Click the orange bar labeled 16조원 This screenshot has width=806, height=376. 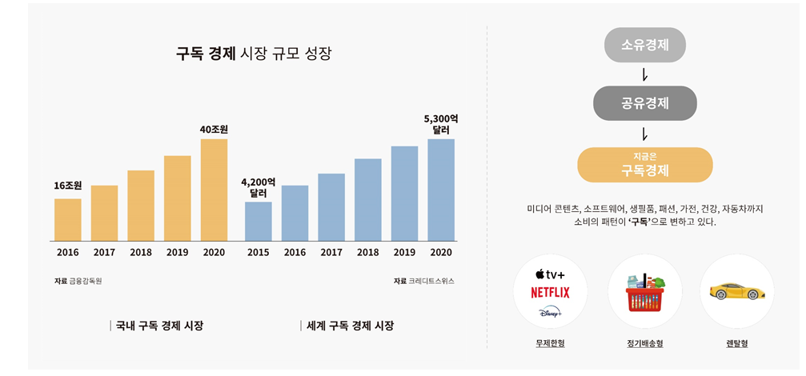pyautogui.click(x=68, y=219)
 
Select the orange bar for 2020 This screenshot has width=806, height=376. pyautogui.click(x=214, y=190)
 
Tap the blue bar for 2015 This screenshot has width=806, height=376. pyautogui.click(x=258, y=221)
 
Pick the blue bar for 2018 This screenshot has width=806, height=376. pyautogui.click(x=367, y=199)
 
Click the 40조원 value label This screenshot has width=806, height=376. pyautogui.click(x=214, y=129)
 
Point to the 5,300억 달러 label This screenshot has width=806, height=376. pyautogui.click(x=441, y=124)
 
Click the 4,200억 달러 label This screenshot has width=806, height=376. pyautogui.click(x=258, y=187)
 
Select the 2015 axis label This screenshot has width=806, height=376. pyautogui.click(x=258, y=252)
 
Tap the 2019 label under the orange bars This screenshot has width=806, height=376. pyautogui.click(x=177, y=252)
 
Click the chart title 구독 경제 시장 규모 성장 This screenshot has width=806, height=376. pyautogui.click(x=253, y=54)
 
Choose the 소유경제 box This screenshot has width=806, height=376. pyautogui.click(x=644, y=45)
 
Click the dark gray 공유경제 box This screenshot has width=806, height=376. pyautogui.click(x=644, y=103)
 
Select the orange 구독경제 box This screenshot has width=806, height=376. pyautogui.click(x=644, y=165)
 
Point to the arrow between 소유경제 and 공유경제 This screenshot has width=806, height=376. pyautogui.click(x=644, y=74)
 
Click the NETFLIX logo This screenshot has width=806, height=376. pyautogui.click(x=550, y=293)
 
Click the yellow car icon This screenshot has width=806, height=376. pyautogui.click(x=736, y=292)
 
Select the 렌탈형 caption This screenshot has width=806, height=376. pyautogui.click(x=736, y=343)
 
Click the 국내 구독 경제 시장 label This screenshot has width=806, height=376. pyautogui.click(x=158, y=326)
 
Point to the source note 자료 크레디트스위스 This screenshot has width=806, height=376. pyautogui.click(x=423, y=281)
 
